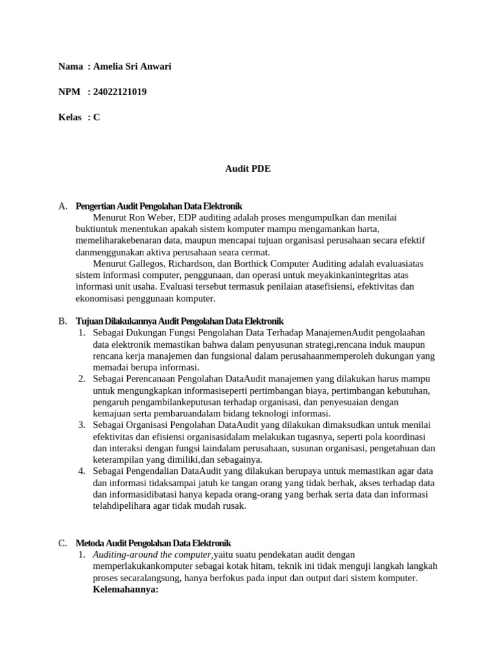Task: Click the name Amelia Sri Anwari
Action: coord(132,67)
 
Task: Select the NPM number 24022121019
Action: coord(119,92)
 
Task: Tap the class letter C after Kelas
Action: coord(96,117)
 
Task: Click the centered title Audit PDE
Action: coord(247,169)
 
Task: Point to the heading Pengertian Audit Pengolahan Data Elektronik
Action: coord(159,206)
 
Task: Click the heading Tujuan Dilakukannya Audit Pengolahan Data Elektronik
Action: coord(180,321)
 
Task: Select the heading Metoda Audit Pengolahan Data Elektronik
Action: coord(153,543)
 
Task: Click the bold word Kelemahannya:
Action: coord(125,590)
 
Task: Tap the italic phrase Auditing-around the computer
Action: coord(152,555)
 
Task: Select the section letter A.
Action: coord(63,206)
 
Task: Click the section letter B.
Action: coord(63,321)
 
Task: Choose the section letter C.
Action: coord(63,543)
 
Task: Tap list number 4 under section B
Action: coord(82,471)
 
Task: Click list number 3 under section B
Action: coord(82,425)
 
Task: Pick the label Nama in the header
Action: coord(70,67)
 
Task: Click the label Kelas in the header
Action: coord(70,117)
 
